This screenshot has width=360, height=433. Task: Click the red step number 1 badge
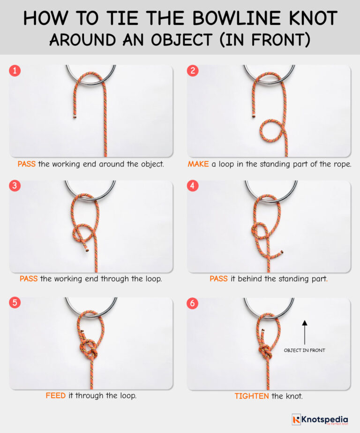click(x=15, y=71)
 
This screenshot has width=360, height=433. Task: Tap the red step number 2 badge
click(x=194, y=71)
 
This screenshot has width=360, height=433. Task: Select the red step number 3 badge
click(x=15, y=186)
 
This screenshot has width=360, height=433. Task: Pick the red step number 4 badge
click(x=194, y=186)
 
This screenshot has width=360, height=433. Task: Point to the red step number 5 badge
click(x=15, y=303)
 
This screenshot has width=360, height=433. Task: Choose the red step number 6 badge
click(x=194, y=303)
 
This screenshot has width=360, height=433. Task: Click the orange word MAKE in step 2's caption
click(x=198, y=164)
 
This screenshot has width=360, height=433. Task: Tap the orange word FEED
click(x=55, y=395)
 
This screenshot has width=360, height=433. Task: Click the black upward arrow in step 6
click(x=304, y=333)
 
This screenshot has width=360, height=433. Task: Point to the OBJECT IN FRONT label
click(x=304, y=350)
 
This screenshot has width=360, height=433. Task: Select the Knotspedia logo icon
click(x=296, y=419)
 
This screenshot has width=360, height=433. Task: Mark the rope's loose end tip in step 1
click(x=74, y=115)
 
